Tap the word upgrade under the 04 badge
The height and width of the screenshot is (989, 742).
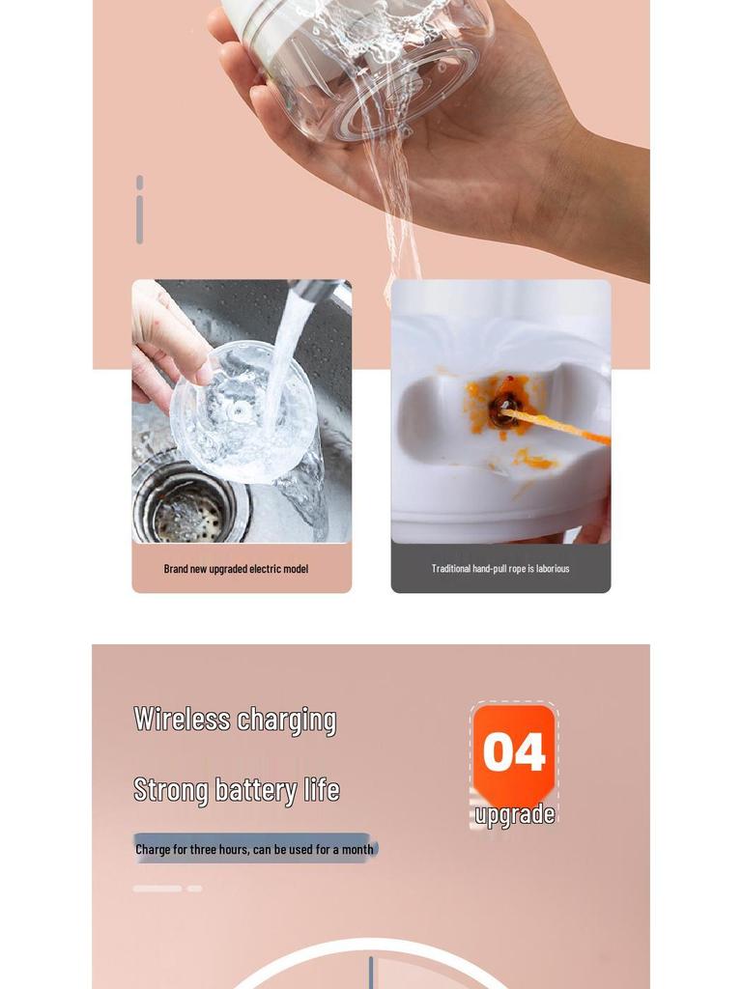point(515,815)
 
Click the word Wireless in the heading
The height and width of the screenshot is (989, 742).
point(182,719)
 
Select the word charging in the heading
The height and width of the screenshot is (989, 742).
point(286,721)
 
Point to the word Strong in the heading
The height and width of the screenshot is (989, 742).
point(170,791)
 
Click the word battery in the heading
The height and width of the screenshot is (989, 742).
point(256,791)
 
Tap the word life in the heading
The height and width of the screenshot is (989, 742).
point(322,789)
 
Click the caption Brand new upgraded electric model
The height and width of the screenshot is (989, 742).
point(236,569)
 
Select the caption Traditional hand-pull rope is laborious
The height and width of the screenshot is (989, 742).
point(500,568)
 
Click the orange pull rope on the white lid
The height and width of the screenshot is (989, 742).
point(556,426)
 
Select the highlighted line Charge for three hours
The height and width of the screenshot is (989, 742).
point(255,849)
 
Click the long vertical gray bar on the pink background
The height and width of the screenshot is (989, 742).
point(139,219)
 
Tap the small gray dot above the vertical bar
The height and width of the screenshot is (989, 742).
point(139,183)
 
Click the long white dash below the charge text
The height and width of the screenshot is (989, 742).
point(157,889)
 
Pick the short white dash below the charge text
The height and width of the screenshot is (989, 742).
point(194,889)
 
